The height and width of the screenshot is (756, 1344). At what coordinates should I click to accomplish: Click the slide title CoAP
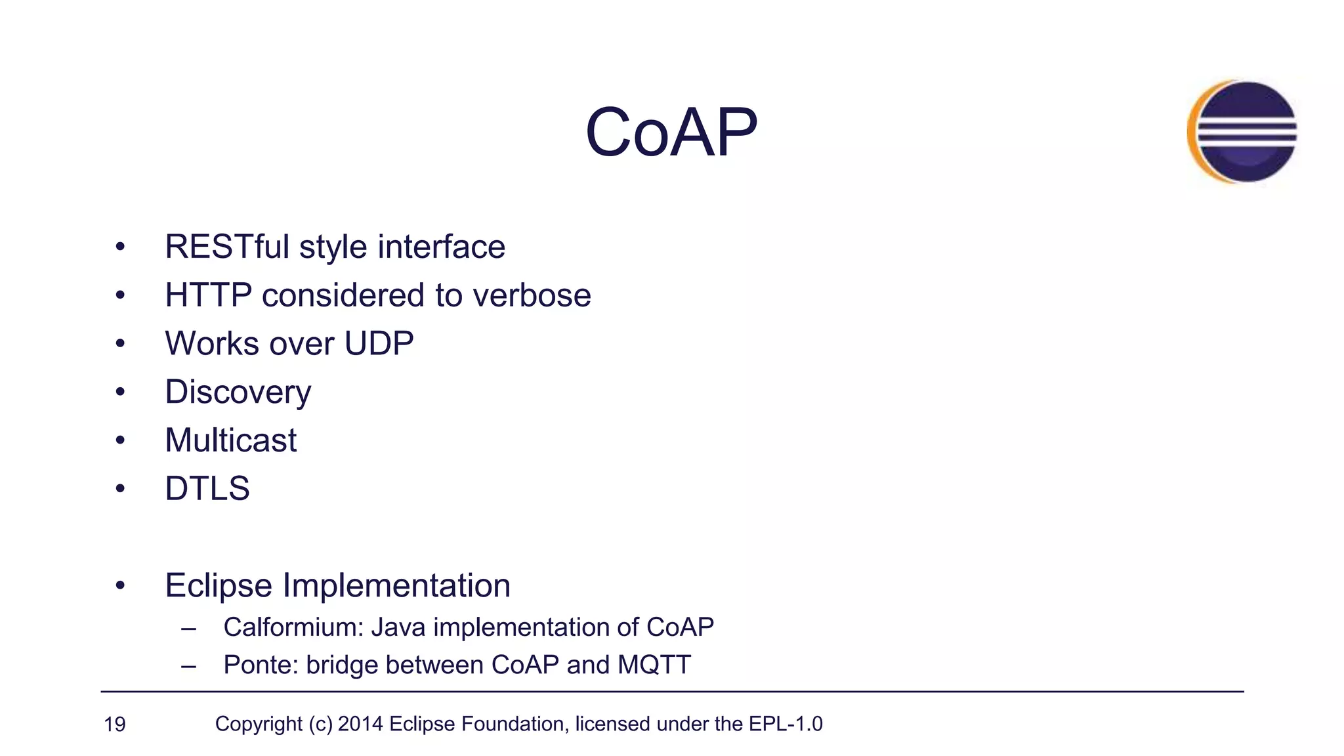coord(671,133)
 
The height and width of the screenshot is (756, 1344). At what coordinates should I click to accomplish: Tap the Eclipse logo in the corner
coord(1242,131)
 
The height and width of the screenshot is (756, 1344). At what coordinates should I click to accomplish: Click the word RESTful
coord(226,247)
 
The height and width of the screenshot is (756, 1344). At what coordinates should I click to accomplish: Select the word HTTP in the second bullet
coord(208,295)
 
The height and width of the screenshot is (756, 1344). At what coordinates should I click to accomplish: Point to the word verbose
coord(532,295)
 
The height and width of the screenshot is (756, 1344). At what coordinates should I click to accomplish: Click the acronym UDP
coord(379,344)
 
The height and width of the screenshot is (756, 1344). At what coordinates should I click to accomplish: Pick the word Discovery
coord(238,392)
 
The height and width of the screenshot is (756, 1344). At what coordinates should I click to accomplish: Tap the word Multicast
coord(230,440)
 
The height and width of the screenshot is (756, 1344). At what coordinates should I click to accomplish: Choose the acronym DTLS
coord(207,489)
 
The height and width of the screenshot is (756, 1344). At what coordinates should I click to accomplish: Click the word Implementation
coord(396,585)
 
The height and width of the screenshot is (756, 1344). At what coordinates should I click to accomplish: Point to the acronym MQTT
coord(654,665)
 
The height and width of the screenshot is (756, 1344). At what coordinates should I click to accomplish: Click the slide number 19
coord(115,724)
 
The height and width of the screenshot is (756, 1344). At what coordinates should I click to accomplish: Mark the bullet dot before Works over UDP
coord(119,344)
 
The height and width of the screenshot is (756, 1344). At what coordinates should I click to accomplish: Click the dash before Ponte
coord(189,667)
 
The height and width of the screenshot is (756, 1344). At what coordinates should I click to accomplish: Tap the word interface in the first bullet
coord(441,247)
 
